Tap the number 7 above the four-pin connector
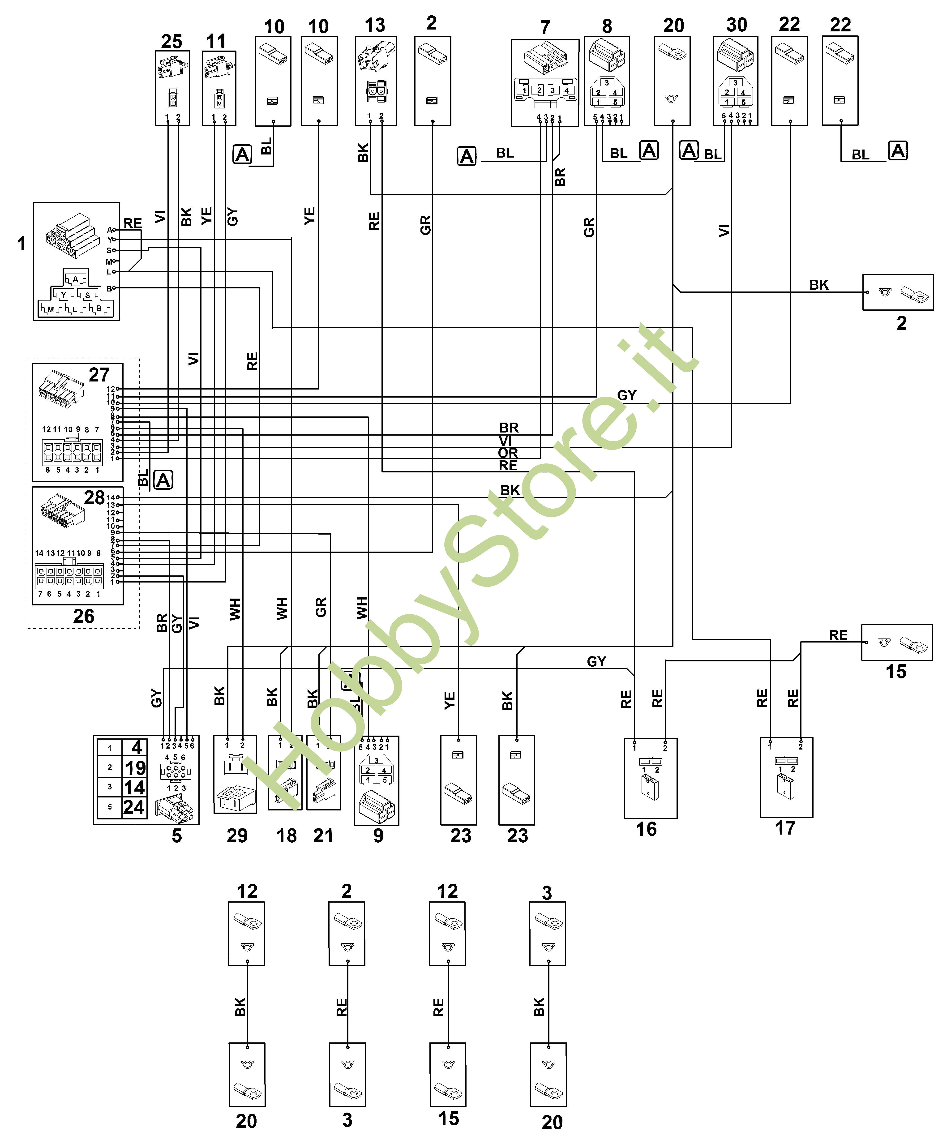(545, 27)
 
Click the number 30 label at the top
(736, 25)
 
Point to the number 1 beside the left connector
(22, 244)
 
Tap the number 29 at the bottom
(237, 835)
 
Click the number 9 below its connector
(378, 835)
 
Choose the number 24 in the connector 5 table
(134, 807)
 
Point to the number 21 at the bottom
(323, 835)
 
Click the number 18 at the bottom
(287, 835)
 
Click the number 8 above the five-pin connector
(607, 26)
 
